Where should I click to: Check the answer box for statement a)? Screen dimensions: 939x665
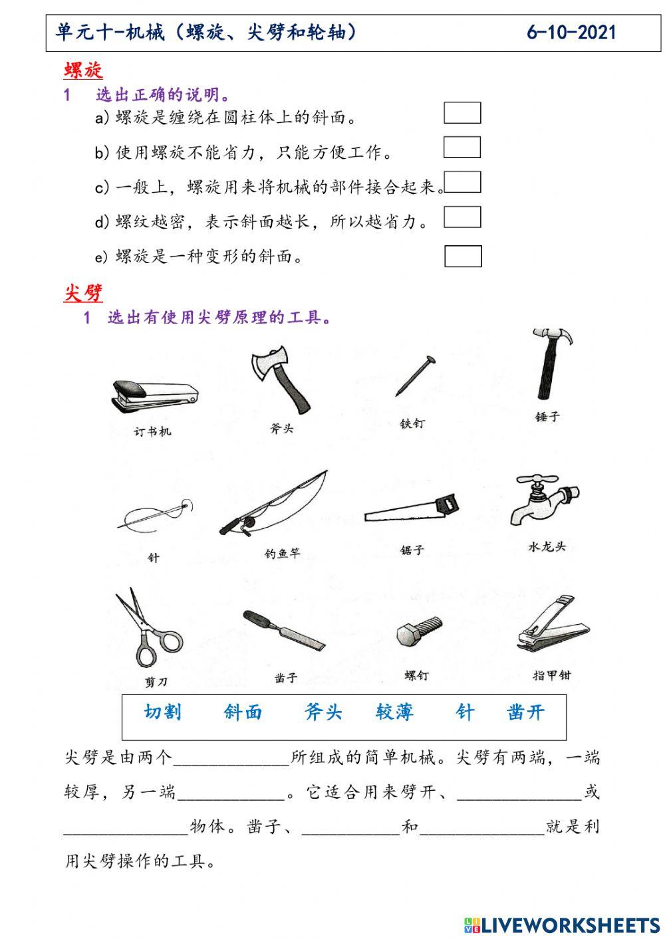(462, 113)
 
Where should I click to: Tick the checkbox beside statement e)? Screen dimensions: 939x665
(463, 256)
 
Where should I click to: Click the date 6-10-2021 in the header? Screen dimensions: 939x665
(571, 33)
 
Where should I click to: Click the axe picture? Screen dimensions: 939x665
(281, 379)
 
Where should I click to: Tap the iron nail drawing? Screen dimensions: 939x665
(416, 375)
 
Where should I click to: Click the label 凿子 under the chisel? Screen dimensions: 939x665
(286, 678)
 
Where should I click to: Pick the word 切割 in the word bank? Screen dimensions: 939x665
(162, 712)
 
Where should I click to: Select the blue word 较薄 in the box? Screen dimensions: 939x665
(394, 712)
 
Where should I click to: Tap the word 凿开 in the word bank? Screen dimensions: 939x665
(525, 712)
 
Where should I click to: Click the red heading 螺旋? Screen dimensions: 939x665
(83, 71)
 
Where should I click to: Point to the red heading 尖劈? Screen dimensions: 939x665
(83, 293)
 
